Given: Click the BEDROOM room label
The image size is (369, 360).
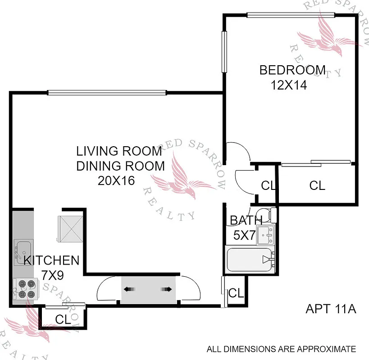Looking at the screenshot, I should pos(292,70).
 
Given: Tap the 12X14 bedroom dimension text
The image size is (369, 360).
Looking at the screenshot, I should pos(289,85).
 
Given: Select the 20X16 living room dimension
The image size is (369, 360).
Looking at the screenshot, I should pos(116,180).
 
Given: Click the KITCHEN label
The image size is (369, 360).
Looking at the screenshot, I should pos(51,260).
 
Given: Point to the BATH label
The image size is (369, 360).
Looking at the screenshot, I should pos(246,220).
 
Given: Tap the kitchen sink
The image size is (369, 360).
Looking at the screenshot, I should pos(23,249).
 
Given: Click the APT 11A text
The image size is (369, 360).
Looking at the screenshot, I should pos(331,309).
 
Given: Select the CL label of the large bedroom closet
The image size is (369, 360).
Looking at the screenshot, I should pos(317,185).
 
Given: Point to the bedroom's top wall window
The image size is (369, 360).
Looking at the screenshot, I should pos(291,15).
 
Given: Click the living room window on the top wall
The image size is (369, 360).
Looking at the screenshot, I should pos(107,93).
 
